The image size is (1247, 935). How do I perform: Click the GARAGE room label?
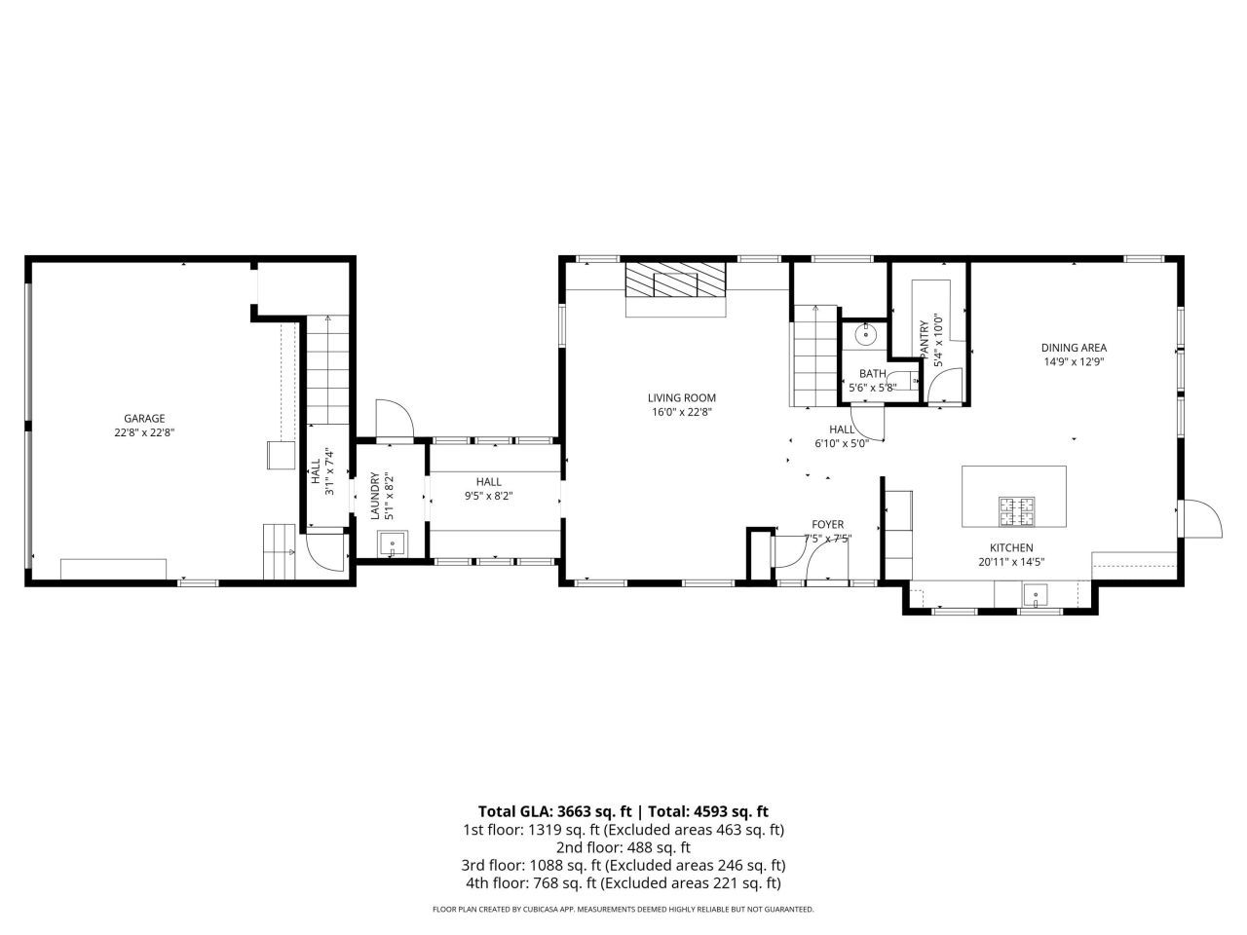[143, 418]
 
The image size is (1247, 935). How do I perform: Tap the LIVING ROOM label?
[681, 397]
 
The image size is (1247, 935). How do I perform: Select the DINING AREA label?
[1074, 348]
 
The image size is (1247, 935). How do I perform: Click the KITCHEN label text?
[1011, 547]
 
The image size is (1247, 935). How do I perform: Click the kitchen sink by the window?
[1034, 592]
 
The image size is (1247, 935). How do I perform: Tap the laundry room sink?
[392, 543]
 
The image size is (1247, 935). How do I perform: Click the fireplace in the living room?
[675, 283]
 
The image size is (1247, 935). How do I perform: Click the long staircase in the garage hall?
[328, 370]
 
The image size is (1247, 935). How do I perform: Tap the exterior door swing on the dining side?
[1200, 518]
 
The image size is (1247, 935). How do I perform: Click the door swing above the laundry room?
[395, 420]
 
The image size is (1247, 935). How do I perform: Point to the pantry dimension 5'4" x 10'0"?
[939, 340]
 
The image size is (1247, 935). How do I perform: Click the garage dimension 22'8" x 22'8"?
[143, 431]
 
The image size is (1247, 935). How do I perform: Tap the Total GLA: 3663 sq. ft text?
[555, 810]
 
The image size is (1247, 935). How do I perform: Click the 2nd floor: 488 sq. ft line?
[623, 847]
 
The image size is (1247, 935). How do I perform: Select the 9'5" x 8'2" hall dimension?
[489, 496]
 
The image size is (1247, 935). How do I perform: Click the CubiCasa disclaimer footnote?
[623, 909]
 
